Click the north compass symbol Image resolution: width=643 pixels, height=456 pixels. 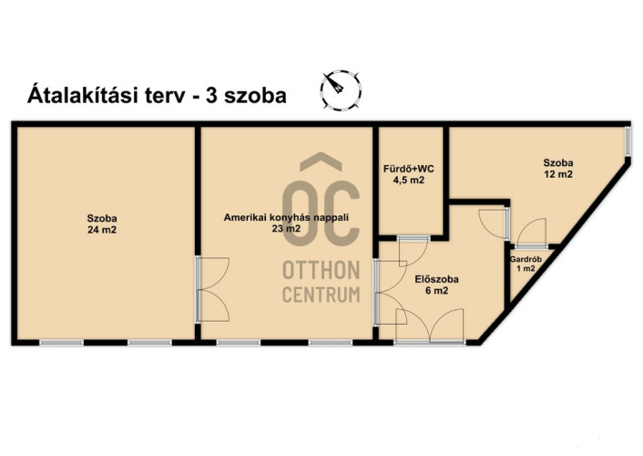coord(341,90)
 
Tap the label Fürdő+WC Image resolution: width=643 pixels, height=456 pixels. coord(408,169)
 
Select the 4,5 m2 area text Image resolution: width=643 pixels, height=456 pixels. coord(409,180)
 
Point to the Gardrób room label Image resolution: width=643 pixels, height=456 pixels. coord(526,259)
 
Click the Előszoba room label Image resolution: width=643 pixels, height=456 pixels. coord(437,279)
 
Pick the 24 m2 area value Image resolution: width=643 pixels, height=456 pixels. coord(102,230)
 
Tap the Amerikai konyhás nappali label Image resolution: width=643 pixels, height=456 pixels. coord(286,217)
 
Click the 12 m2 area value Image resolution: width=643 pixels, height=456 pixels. coord(558,174)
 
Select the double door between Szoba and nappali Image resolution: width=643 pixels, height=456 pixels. coord(212,289)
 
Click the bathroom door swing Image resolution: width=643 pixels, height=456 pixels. coord(413,252)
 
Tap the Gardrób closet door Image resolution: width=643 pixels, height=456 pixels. coord(531,233)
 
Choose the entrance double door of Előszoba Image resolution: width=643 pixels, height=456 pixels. coord(429,326)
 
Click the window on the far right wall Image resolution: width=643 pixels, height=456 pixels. coord(628,141)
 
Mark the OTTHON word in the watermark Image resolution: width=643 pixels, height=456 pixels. coord(321,270)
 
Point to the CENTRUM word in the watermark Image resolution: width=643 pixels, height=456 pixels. coord(321,295)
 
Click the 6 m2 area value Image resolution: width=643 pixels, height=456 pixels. coord(437,290)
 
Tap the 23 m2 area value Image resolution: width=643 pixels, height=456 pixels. coord(286,228)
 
